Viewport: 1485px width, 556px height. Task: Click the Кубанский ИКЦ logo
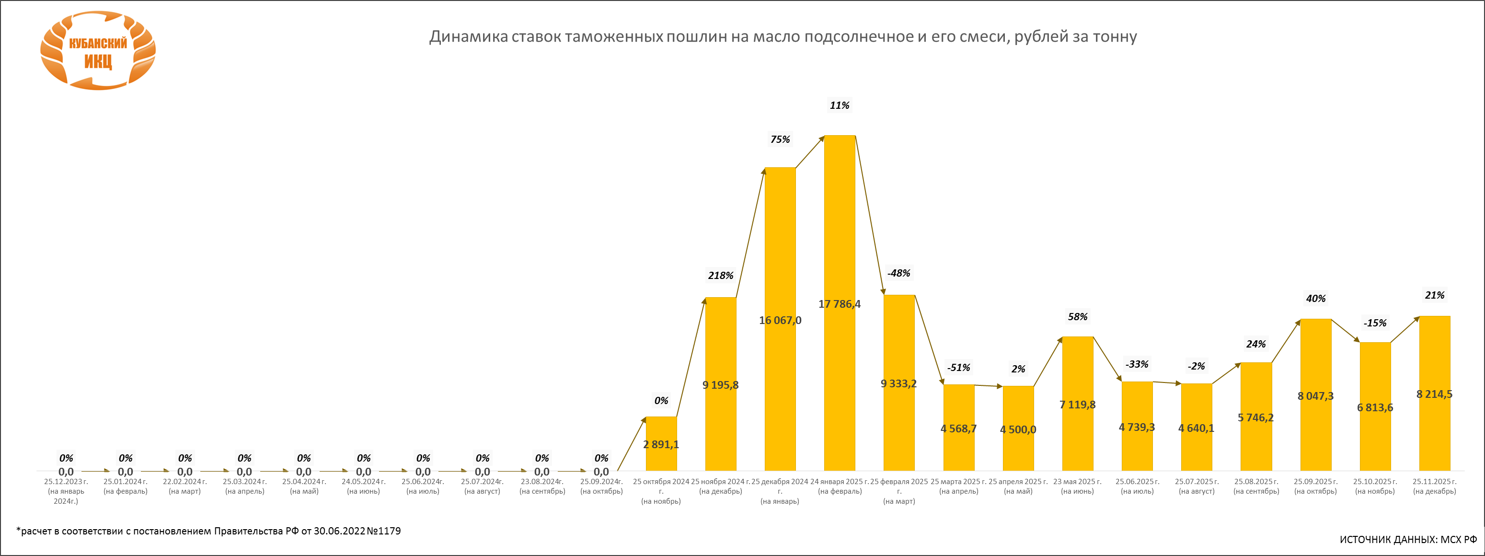tap(98, 51)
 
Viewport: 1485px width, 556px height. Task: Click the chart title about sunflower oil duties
tap(783, 37)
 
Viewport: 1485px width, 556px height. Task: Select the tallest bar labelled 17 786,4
tap(840, 231)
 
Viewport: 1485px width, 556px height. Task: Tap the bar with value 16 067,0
tap(780, 259)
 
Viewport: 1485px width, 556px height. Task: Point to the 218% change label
tap(721, 276)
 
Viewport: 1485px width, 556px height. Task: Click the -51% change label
tap(959, 368)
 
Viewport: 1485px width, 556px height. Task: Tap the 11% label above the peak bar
tap(840, 105)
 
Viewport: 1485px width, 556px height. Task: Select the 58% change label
tap(1077, 317)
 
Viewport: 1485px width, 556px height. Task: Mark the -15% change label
tap(1375, 323)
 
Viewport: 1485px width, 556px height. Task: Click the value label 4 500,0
tap(1018, 429)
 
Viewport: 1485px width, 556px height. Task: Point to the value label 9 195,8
tap(721, 385)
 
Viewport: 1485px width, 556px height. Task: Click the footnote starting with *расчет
tap(208, 531)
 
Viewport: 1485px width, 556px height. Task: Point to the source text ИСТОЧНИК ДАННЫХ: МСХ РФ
tap(1408, 540)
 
